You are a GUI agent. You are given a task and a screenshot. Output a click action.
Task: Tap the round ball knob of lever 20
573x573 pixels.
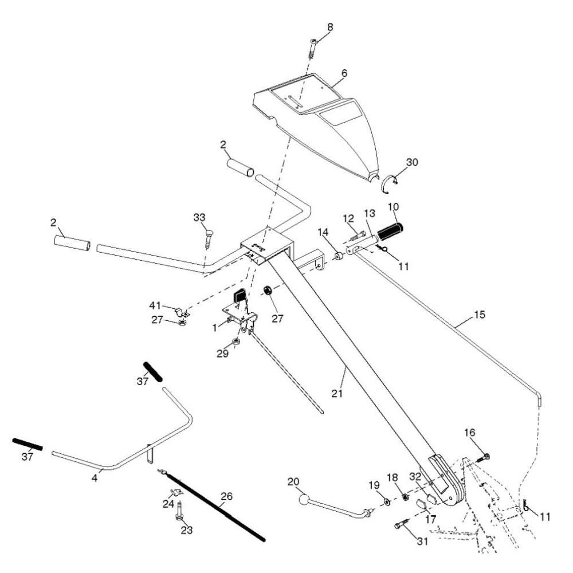coord(304,500)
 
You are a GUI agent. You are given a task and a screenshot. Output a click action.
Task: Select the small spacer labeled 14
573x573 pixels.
coord(339,254)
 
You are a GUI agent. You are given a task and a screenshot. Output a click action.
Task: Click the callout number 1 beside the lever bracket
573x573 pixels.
coord(214,328)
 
